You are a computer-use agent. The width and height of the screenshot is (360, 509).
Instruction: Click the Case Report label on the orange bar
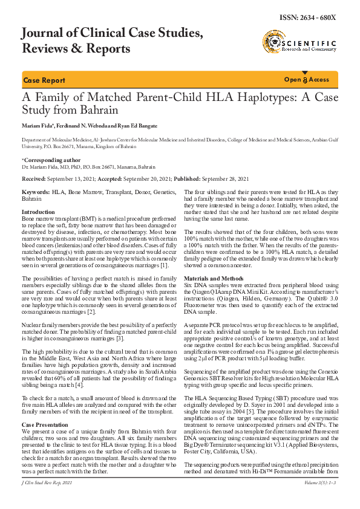[44, 80]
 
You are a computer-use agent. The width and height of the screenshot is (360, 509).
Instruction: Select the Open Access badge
[307, 80]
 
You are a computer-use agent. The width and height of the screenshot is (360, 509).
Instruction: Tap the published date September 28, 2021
[225, 180]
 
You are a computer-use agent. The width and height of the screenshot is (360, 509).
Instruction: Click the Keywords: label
[36, 192]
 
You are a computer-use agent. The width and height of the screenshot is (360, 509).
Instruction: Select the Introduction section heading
[38, 212]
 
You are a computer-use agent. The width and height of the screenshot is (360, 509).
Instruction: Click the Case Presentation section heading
[45, 392]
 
